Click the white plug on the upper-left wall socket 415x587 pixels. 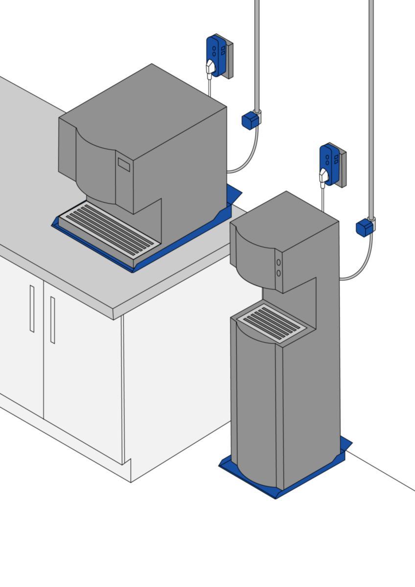pos(210,67)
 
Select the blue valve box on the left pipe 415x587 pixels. pos(250,120)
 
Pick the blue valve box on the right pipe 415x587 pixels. pos(365,228)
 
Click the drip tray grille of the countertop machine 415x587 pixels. pos(110,229)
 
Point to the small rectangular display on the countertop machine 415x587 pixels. pos(124,165)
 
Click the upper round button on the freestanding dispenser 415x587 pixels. pos(278,263)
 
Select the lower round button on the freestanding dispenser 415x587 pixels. pos(278,273)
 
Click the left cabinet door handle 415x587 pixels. pos(32,309)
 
